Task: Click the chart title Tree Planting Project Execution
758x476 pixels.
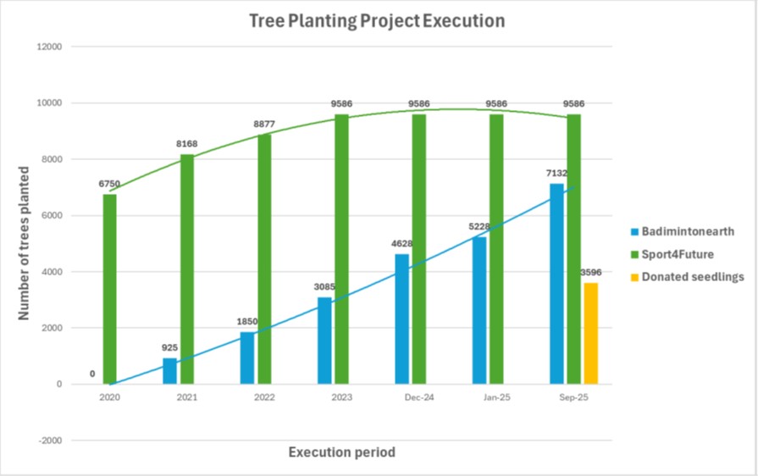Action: (377, 20)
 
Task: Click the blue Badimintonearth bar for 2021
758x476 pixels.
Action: (169, 371)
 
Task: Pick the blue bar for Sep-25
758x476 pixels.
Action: (556, 284)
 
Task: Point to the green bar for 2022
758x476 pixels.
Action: (264, 259)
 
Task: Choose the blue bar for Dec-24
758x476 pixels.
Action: (401, 318)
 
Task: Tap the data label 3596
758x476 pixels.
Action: (590, 273)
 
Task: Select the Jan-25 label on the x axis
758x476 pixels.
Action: (496, 398)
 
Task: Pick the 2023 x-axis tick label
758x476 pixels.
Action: (341, 398)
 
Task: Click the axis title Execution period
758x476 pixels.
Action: (341, 452)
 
